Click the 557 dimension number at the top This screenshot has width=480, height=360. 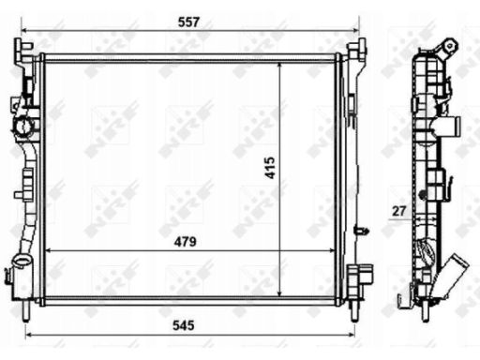188,22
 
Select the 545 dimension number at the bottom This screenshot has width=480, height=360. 184,325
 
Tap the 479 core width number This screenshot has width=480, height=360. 186,242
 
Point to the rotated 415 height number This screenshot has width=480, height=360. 270,168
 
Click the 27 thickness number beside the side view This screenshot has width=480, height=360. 398,211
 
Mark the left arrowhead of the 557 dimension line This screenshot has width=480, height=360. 24,31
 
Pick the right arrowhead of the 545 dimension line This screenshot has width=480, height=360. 351,335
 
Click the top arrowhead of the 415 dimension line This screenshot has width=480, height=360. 279,66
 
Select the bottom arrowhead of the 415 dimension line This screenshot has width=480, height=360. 279,292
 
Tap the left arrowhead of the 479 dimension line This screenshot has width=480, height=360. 50,250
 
